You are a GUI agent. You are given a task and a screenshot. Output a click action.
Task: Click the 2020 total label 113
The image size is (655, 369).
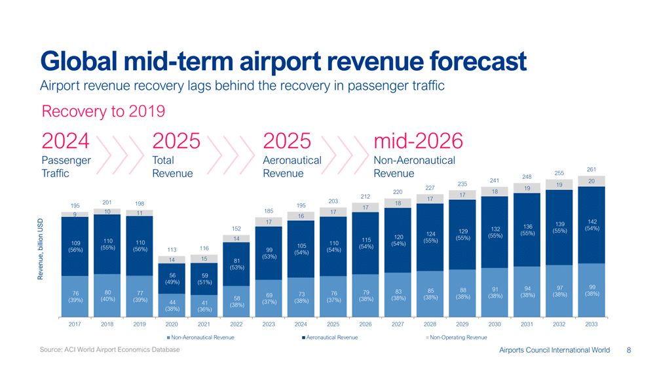173,249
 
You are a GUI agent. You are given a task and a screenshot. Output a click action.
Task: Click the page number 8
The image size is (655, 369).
629,351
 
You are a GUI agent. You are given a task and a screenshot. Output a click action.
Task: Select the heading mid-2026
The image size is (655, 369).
417,140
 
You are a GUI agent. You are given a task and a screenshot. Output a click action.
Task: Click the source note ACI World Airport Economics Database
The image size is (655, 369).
109,351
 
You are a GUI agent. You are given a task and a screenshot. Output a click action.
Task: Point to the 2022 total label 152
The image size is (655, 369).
237,228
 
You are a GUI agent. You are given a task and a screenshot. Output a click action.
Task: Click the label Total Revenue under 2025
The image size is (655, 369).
172,166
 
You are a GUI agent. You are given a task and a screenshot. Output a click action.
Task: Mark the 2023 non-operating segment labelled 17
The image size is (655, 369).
269,222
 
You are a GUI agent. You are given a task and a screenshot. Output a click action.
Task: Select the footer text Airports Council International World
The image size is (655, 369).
554,351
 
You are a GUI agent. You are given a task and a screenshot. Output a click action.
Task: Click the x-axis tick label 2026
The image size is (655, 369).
365,323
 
